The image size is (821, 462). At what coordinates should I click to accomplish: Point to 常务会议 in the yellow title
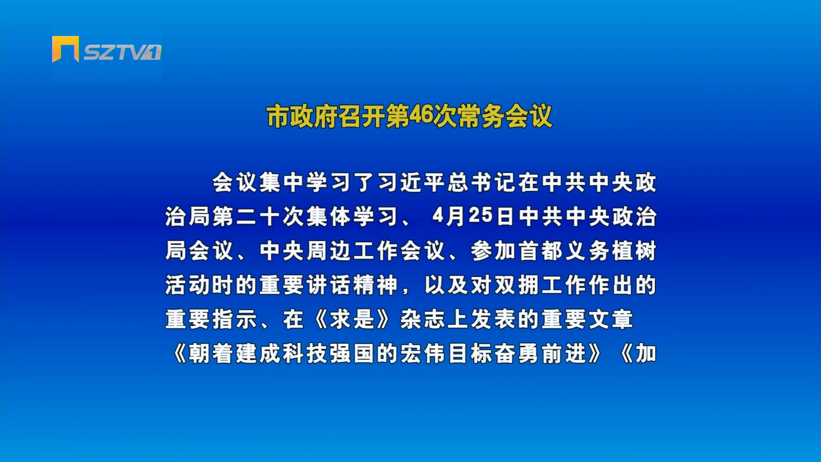coord(505,116)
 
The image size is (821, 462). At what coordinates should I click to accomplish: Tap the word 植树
coord(634,251)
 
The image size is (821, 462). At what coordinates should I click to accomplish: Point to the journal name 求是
coord(352,319)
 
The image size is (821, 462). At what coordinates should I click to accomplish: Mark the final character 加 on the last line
coord(646,353)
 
